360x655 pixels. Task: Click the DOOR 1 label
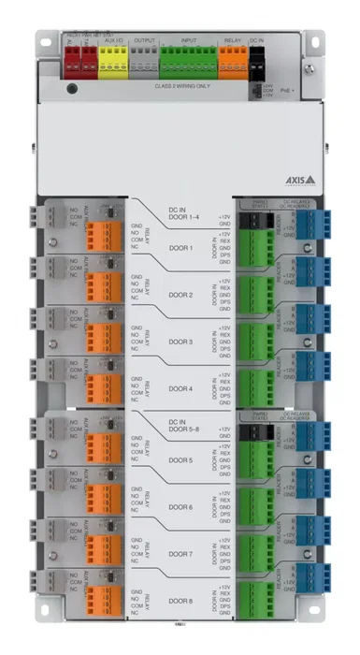pyautogui.click(x=180, y=248)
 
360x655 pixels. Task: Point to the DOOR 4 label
pyautogui.click(x=180, y=387)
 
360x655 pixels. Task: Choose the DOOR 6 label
pyautogui.click(x=180, y=507)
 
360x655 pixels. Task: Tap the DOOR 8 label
pyautogui.click(x=180, y=601)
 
